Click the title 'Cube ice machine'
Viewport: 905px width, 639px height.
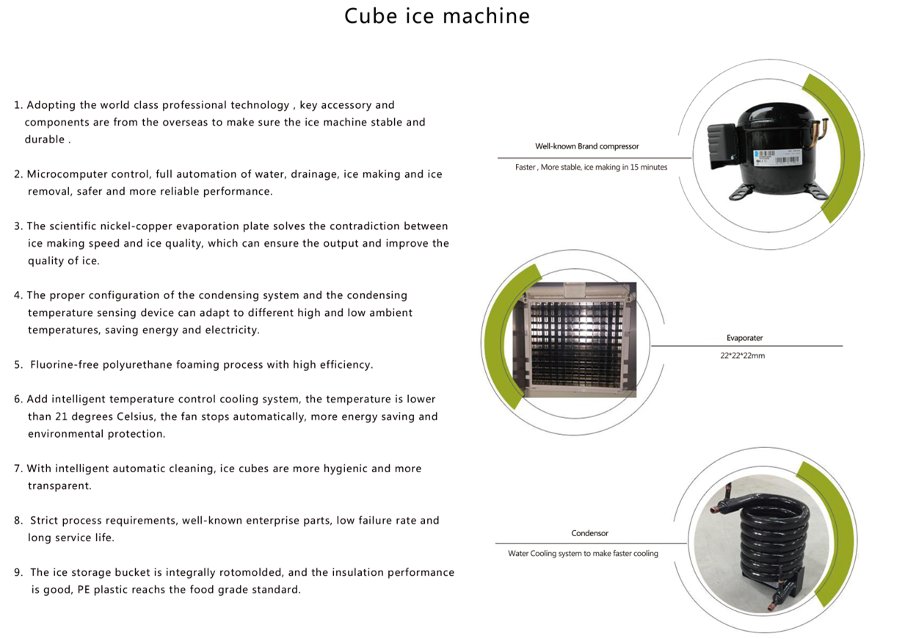coord(437,16)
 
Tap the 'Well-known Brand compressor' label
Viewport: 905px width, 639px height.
coord(586,146)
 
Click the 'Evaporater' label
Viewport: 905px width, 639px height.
coord(744,338)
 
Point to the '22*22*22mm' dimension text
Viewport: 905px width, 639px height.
coord(742,355)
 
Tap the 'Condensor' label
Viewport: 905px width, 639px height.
coord(589,533)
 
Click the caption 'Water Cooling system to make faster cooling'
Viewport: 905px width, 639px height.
coord(583,553)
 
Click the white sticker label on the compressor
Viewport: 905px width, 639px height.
coord(776,158)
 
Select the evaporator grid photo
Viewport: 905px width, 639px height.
coord(574,339)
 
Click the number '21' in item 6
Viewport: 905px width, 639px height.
coord(61,416)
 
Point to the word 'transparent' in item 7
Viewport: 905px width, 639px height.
coord(59,485)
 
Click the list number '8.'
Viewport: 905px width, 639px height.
coord(18,520)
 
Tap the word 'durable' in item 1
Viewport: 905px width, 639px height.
coord(45,139)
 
